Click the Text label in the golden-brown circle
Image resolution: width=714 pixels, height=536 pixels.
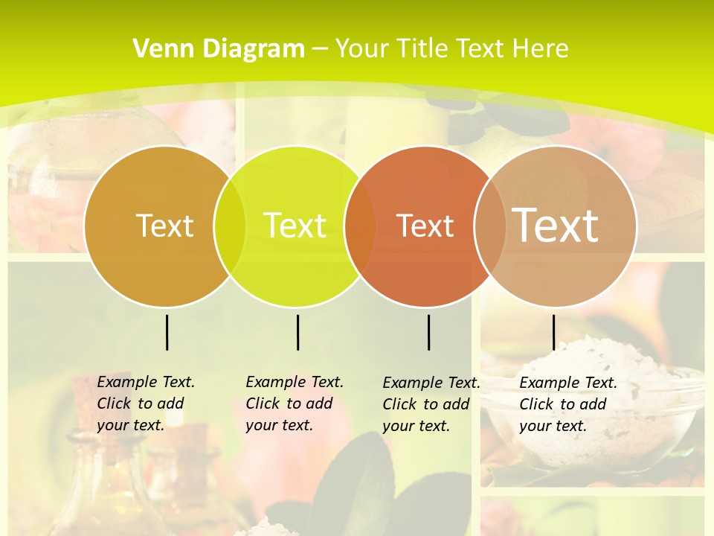tap(164, 226)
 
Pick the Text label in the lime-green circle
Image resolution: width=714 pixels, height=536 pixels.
tap(295, 226)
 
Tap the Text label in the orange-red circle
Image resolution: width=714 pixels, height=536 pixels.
tap(425, 226)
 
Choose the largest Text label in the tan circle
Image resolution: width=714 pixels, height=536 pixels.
tap(555, 225)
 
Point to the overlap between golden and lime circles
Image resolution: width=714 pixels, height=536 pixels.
tap(230, 226)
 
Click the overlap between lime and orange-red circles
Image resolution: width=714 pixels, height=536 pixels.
tap(360, 226)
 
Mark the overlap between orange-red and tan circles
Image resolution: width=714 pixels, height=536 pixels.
tap(489, 226)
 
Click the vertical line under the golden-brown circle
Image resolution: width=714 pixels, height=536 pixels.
tap(167, 332)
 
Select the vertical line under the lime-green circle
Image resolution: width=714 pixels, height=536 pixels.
tap(297, 332)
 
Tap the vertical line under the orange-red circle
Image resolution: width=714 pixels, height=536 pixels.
tap(429, 332)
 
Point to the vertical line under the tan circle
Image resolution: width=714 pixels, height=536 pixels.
tap(553, 332)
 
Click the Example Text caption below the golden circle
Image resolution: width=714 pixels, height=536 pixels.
tap(145, 403)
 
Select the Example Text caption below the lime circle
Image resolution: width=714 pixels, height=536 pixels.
tap(294, 403)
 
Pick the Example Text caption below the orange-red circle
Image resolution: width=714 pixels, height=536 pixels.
tap(431, 404)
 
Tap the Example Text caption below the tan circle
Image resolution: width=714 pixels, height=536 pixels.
tap(567, 404)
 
